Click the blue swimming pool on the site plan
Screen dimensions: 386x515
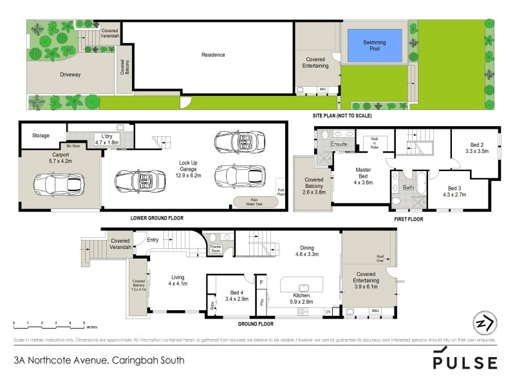pyautogui.click(x=374, y=45)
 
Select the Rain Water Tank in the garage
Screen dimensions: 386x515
pyautogui.click(x=256, y=201)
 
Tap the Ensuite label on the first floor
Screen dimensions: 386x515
pyautogui.click(x=339, y=144)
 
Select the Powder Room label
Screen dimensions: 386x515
pyautogui.click(x=216, y=247)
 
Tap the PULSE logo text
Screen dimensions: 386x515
pyautogui.click(x=465, y=362)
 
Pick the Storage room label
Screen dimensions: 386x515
pyautogui.click(x=41, y=136)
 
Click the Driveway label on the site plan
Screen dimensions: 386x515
pyautogui.click(x=71, y=75)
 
